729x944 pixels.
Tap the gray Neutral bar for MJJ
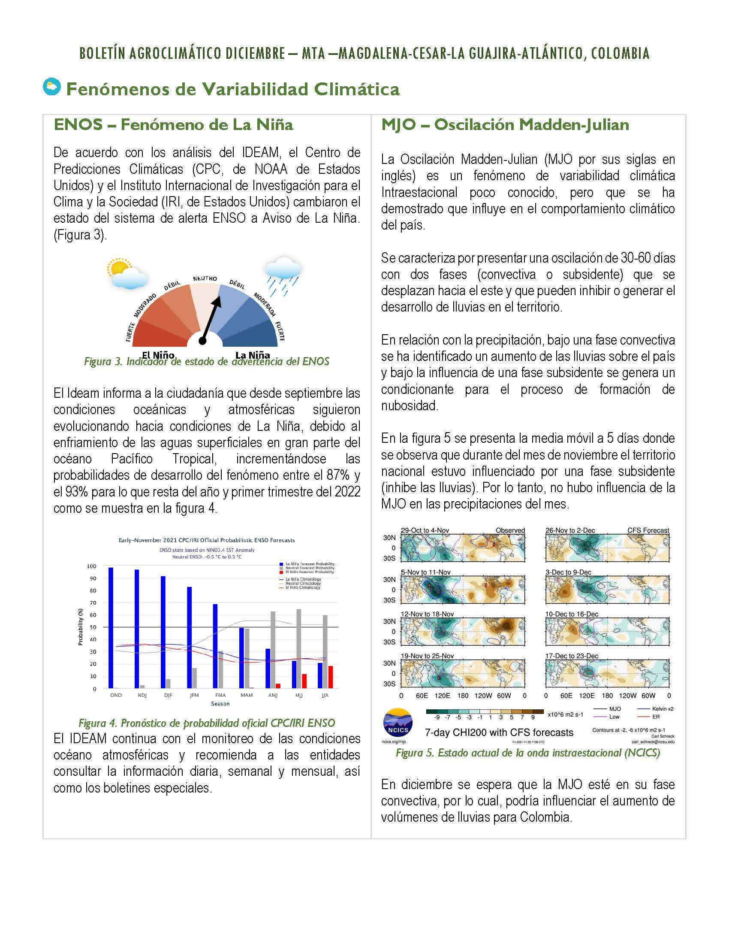point(299,648)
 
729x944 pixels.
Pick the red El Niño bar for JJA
point(330,677)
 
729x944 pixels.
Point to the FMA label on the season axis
point(221,695)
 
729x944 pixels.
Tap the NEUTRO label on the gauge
point(205,279)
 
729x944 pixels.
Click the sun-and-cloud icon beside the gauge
point(126,274)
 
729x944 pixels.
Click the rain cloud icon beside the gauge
point(283,275)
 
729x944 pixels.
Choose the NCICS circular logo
point(398,722)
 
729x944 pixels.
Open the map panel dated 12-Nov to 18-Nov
point(463,631)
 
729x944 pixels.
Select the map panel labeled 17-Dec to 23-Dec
point(607,673)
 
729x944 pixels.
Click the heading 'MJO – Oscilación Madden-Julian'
point(505,125)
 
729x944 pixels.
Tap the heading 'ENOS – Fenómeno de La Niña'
point(173,125)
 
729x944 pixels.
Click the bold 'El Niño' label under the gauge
point(158,355)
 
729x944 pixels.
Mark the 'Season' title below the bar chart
point(220,704)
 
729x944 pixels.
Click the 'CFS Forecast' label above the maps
point(648,530)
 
